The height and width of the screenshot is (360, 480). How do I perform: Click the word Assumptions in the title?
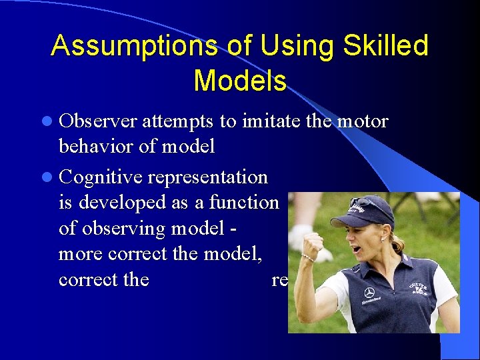click(133, 45)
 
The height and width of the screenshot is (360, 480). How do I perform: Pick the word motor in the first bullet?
click(363, 121)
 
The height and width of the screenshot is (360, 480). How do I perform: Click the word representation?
click(207, 177)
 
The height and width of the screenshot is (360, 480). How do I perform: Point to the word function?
click(244, 202)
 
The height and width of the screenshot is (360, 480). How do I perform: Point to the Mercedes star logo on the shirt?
click(369, 292)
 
